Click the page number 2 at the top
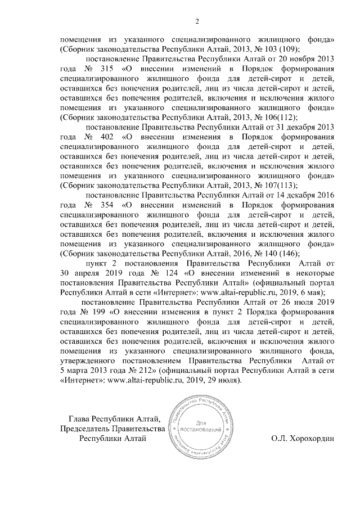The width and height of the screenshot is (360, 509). (x=197, y=22)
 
